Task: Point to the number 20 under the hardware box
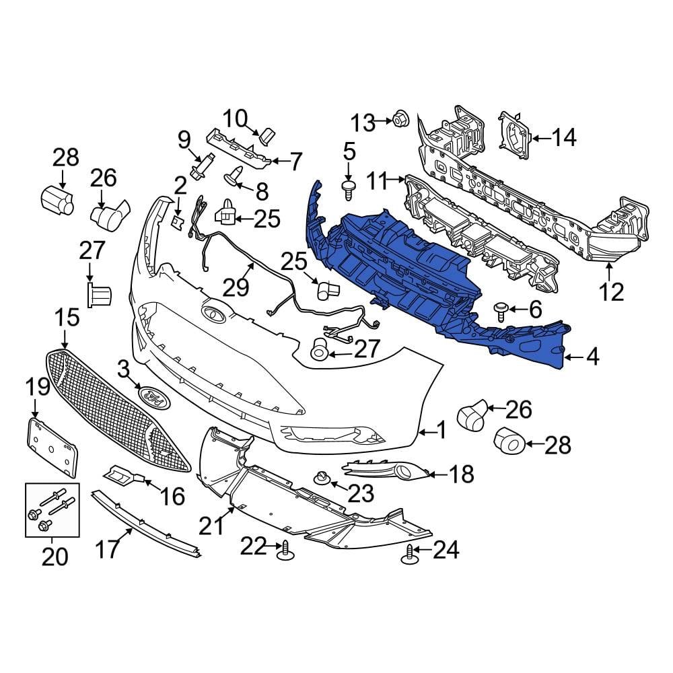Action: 55,557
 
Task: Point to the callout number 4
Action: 592,357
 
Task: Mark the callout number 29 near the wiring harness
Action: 236,288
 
